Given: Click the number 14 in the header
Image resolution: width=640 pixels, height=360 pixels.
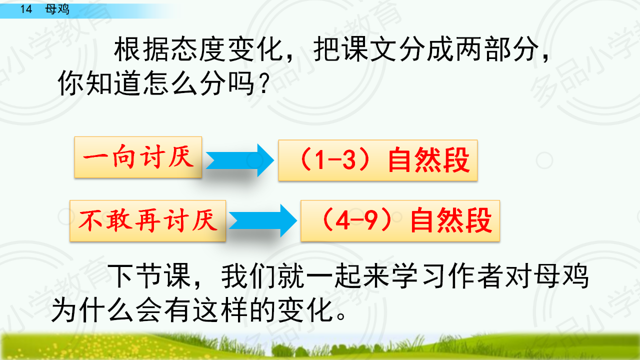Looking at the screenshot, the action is [x=26, y=9].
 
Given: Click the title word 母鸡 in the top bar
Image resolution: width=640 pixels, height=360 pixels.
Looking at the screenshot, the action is [x=57, y=9].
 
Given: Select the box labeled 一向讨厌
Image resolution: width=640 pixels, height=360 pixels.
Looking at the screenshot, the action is [x=138, y=157].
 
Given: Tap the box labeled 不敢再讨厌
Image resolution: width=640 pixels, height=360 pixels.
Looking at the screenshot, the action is [x=147, y=221].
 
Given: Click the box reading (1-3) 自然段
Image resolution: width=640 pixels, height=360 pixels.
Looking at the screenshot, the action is [x=378, y=160].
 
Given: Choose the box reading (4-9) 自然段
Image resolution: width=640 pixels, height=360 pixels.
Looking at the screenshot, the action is [x=400, y=221].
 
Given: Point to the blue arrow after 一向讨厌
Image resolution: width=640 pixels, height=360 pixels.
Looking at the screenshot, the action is [x=240, y=160].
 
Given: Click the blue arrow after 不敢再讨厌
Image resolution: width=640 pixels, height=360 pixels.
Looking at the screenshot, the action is [x=263, y=220].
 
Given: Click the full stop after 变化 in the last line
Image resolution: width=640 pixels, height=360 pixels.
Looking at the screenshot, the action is [x=341, y=315].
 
